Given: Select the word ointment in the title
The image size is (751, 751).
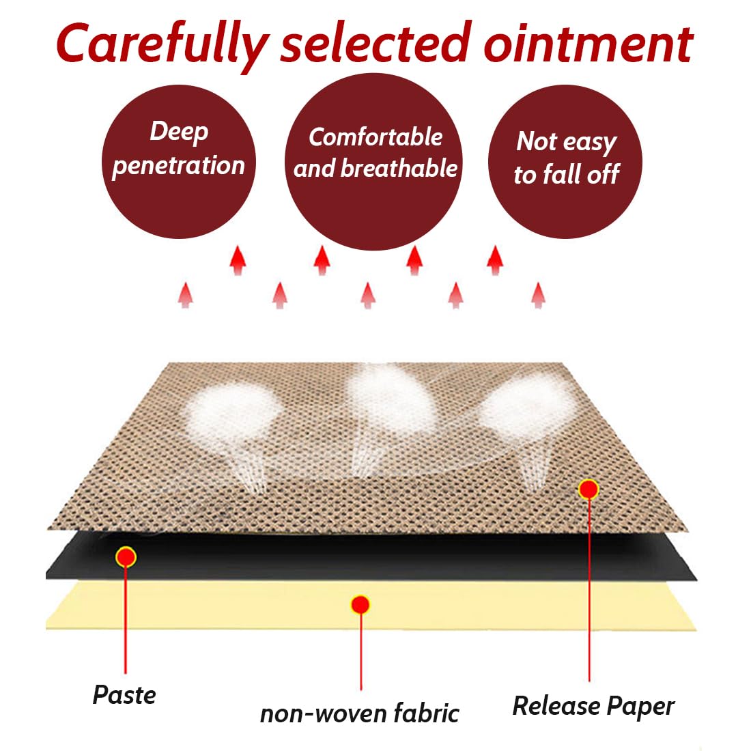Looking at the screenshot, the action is coord(589,45).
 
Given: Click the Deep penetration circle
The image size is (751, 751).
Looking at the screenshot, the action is coord(179,162).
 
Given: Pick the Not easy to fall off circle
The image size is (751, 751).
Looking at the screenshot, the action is coord(565,162).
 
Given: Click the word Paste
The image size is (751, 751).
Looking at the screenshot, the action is coord(124,695).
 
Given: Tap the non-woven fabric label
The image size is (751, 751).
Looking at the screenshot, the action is coord(360,713).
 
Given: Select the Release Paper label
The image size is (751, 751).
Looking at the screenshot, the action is coord(593,707).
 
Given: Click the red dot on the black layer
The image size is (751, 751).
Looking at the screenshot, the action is coord(126,557).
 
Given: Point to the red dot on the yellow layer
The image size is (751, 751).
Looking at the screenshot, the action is coord(360,605).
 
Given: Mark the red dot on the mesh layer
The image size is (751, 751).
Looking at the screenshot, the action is coord(589,490).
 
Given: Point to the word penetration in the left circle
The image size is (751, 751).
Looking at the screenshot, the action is coord(178,167).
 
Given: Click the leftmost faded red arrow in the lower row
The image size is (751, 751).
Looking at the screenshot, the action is coord(185,295).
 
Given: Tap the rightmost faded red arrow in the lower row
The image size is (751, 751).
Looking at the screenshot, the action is coord(539,295).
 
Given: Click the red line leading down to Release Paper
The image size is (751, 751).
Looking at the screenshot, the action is coord(589,590).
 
